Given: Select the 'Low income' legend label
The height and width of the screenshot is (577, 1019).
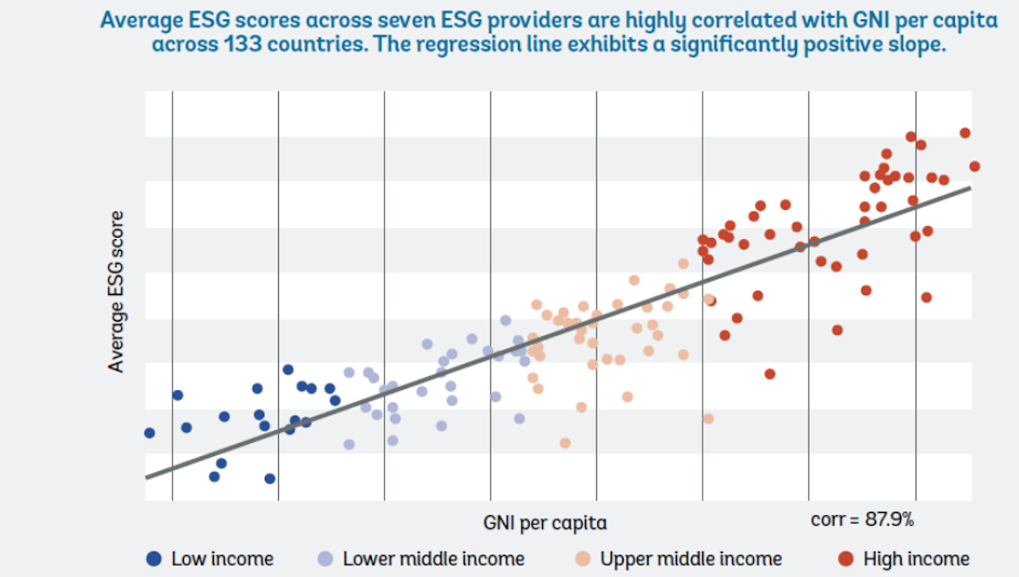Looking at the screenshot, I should (222, 559).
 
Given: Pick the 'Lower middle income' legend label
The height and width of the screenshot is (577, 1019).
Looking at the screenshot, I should (433, 559).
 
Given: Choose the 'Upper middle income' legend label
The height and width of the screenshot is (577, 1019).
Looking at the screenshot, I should (691, 559).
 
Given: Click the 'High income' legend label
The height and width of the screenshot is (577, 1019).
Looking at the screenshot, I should (916, 559).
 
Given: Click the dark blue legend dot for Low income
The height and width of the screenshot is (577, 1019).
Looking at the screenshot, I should (154, 559).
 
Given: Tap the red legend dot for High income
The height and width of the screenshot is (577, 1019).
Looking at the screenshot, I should (846, 559).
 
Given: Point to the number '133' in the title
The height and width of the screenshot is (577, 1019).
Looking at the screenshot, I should (243, 43).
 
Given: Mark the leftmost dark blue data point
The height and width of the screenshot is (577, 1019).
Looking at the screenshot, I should (149, 433).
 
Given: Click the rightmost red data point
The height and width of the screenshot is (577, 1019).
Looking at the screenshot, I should (975, 167).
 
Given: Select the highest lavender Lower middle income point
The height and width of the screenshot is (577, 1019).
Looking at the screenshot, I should (506, 320).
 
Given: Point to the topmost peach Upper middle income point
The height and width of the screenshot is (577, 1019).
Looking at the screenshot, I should (683, 264).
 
